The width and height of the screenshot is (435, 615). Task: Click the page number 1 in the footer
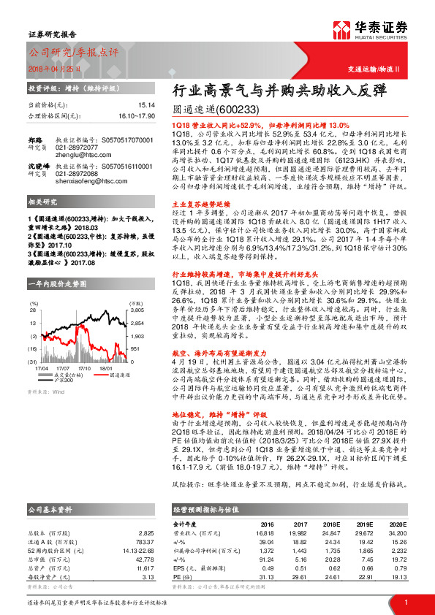coord(406,603)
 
